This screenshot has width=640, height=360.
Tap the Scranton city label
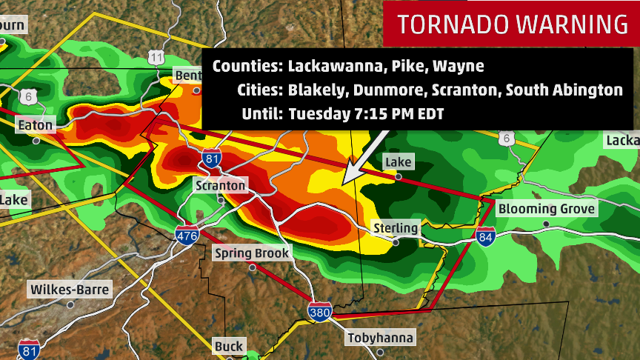[x=221, y=185]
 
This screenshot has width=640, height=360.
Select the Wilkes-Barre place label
[x=70, y=289]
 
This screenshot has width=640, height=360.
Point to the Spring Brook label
[x=252, y=253]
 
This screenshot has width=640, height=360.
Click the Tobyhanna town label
[x=381, y=339]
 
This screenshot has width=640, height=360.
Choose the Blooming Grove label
[x=546, y=209]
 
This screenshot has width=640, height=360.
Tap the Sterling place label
[x=396, y=227]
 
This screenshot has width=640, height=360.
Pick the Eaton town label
[x=36, y=125]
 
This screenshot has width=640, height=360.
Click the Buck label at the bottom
[x=228, y=346]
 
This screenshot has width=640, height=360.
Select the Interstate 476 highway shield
[x=187, y=236]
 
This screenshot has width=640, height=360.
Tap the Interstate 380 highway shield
[x=320, y=310]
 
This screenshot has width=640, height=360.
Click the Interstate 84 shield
[x=486, y=236]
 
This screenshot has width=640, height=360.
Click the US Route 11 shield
[x=156, y=57]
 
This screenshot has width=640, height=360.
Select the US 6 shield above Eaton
[x=29, y=96]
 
